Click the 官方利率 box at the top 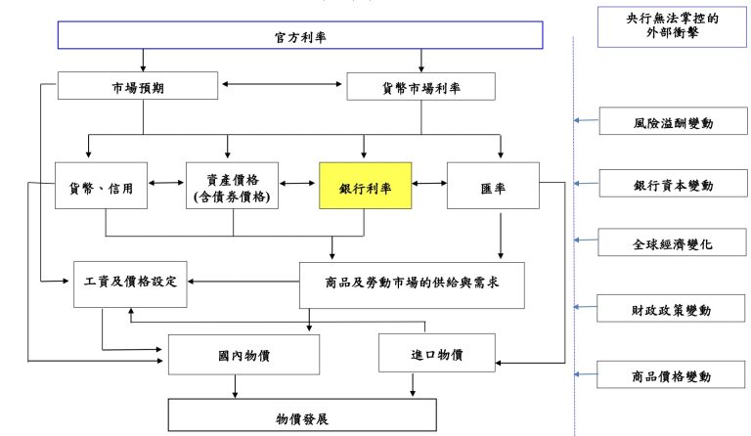tap(299, 36)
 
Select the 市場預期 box tap(137, 87)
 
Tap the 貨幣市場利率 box tap(421, 87)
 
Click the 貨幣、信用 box tap(102, 185)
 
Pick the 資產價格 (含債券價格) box tap(233, 185)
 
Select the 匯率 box tap(493, 185)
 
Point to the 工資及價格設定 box tap(131, 283)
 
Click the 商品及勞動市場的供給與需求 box tap(411, 283)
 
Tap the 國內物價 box tap(243, 354)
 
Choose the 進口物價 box tap(436, 353)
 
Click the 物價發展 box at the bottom tap(301, 417)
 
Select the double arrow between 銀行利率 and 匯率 tap(429, 183)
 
